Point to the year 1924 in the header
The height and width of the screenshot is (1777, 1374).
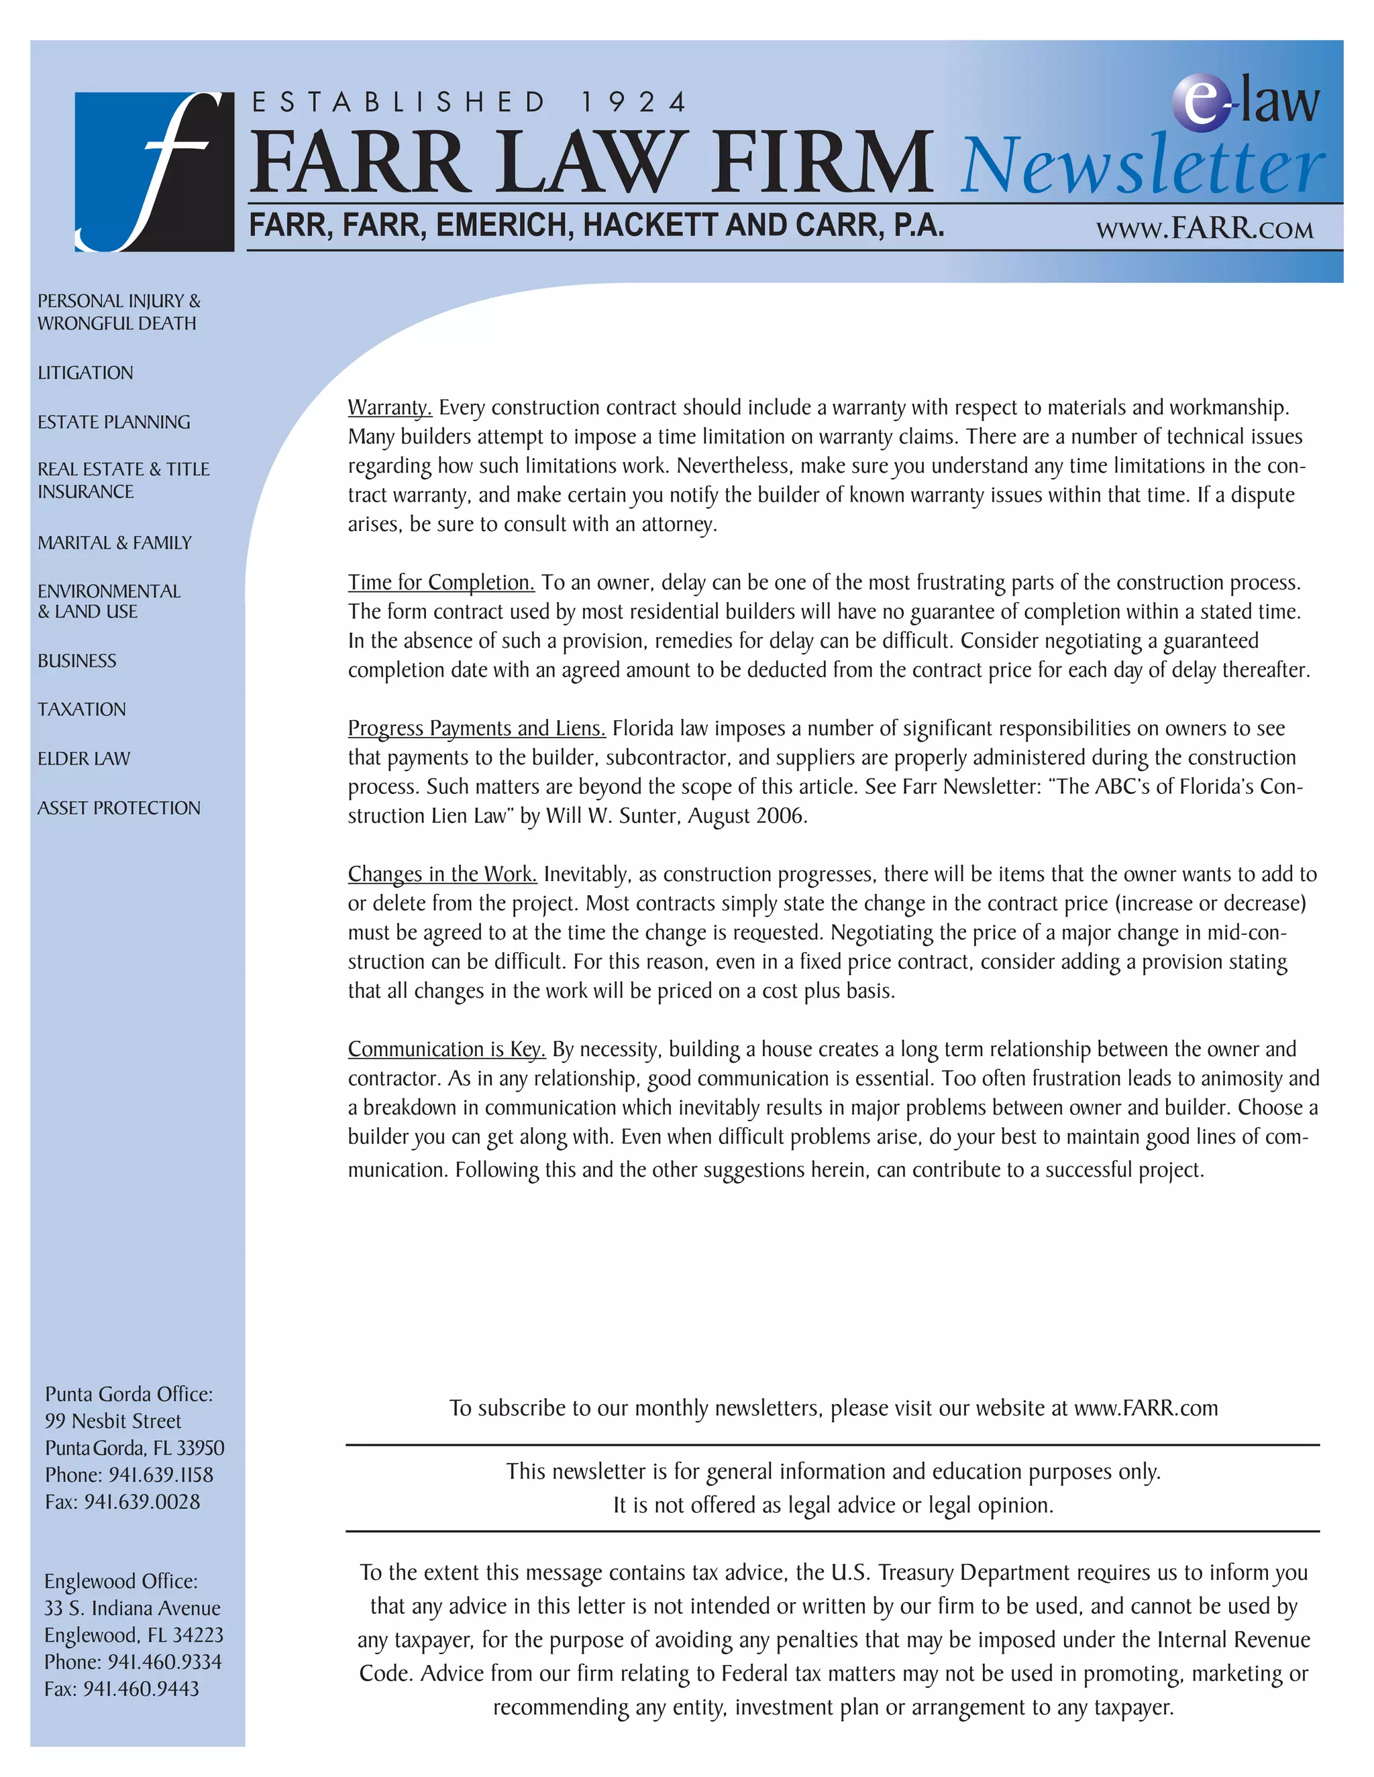(634, 103)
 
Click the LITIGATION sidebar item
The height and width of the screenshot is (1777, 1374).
(85, 373)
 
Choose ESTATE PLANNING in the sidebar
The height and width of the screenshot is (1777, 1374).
(114, 422)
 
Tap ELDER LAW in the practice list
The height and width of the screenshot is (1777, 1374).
(84, 758)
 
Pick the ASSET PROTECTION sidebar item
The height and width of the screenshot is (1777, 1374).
(119, 808)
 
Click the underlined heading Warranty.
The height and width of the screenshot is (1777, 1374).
(389, 408)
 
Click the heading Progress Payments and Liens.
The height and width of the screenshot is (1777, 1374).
(476, 728)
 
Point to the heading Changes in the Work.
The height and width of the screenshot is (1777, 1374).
(442, 874)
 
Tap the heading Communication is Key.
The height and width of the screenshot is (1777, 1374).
(446, 1049)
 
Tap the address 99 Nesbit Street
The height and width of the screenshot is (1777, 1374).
(113, 1421)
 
